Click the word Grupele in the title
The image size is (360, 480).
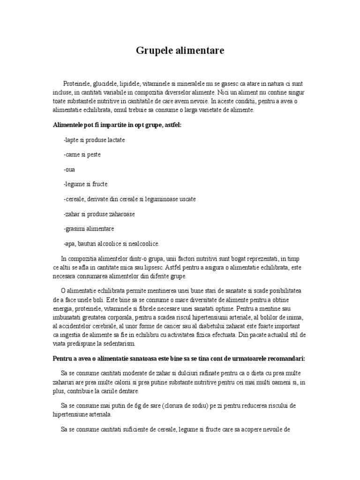(154, 51)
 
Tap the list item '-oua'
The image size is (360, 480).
(69, 169)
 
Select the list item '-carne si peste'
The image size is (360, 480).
(82, 154)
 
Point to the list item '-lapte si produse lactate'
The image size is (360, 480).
(94, 140)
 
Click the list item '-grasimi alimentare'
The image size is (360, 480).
(89, 229)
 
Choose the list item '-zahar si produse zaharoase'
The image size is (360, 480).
(99, 214)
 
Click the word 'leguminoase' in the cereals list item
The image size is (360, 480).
(165, 199)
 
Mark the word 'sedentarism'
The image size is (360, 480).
(118, 344)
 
